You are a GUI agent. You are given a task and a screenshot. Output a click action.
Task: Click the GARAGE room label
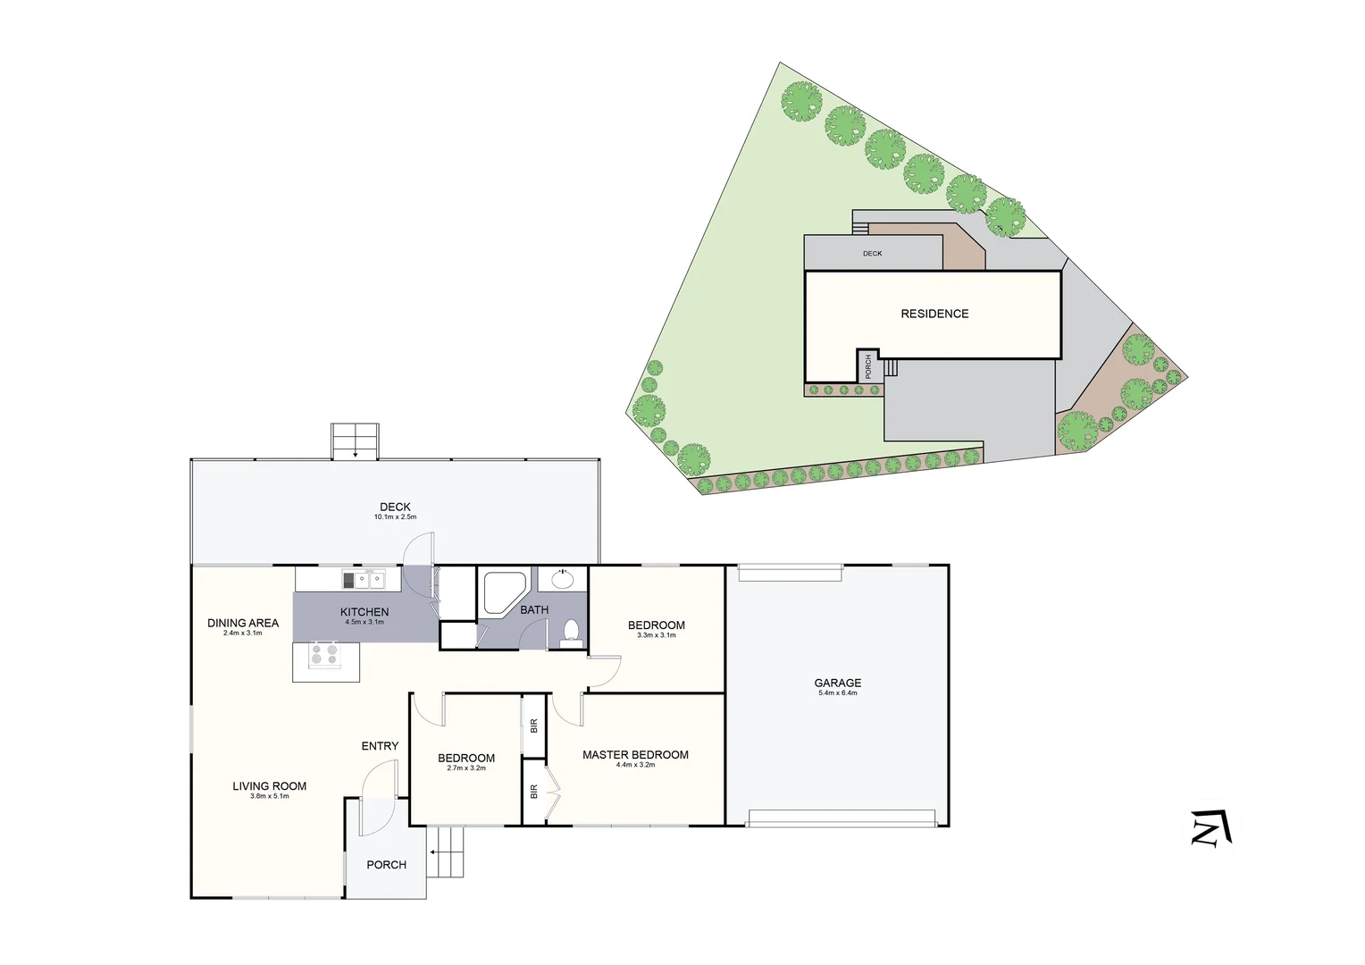[x=837, y=683]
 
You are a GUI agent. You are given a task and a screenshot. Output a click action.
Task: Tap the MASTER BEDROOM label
[x=635, y=755]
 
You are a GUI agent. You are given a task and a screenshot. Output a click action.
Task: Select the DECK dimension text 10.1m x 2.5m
[x=395, y=517]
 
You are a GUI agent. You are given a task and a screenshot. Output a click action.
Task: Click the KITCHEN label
[x=364, y=612]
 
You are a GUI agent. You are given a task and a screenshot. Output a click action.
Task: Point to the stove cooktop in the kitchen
[x=324, y=656]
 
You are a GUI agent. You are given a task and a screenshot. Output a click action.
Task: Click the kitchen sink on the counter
[x=369, y=581]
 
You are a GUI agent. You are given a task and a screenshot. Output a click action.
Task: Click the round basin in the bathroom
[x=563, y=579]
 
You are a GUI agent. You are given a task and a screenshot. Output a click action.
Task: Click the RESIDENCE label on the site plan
[x=934, y=314]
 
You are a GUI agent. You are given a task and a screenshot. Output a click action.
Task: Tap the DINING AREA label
[x=243, y=623]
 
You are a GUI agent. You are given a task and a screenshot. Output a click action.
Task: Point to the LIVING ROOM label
[x=269, y=786]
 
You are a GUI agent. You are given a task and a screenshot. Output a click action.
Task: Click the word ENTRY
[x=380, y=746]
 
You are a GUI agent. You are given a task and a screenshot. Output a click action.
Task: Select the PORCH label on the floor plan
[x=386, y=865]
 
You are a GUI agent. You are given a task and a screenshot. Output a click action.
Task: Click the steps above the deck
[x=356, y=441]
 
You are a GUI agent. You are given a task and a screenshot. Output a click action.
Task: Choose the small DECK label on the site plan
[x=872, y=254]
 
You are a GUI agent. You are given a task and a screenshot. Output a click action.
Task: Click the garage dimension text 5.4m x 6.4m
[x=837, y=693]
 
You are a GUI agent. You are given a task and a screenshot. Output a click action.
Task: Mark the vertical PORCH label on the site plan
[x=867, y=365]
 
